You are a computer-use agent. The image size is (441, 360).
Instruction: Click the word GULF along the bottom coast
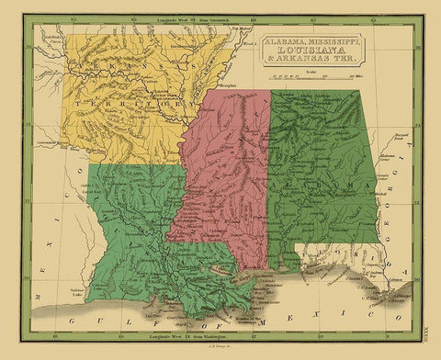[x=87, y=317]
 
